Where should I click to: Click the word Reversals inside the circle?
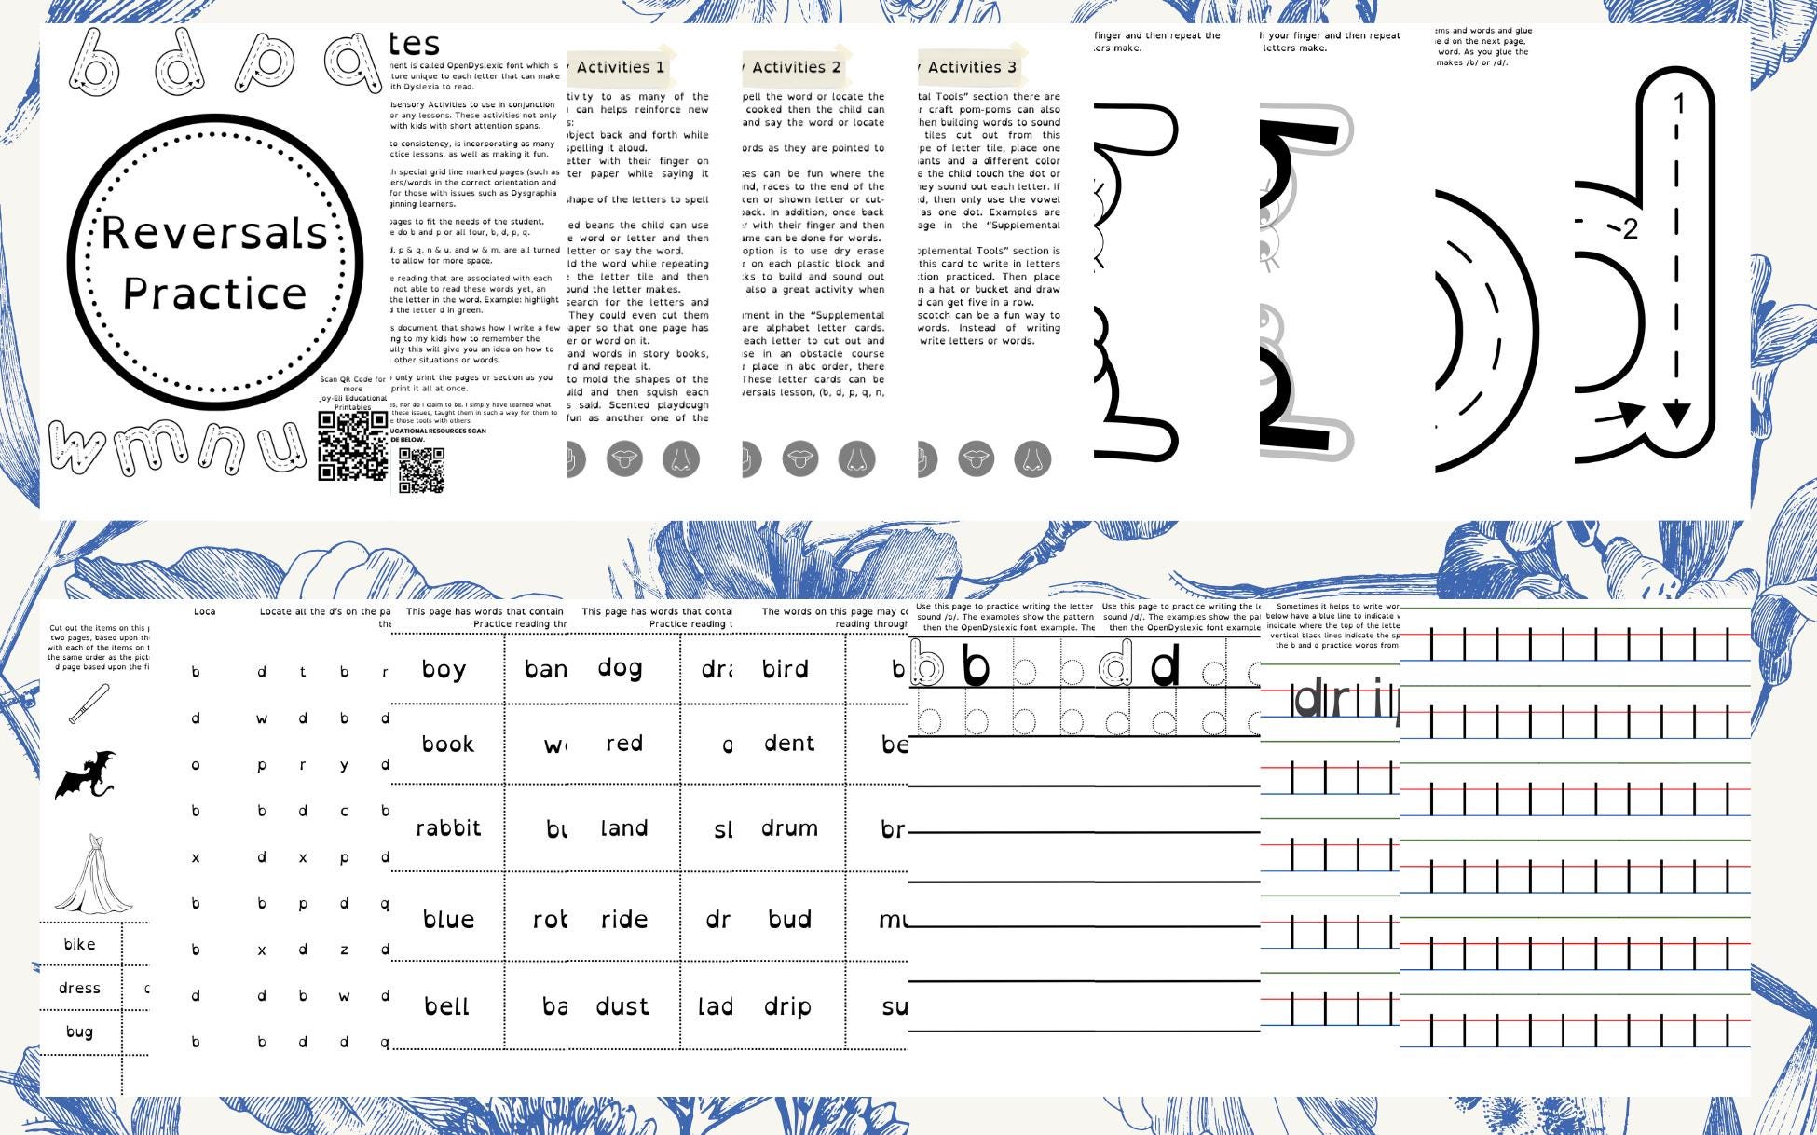214,233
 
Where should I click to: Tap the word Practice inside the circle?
215,294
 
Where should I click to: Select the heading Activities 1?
620,67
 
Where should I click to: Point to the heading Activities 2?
796,67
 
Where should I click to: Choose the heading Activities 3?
972,67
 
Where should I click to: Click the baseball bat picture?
89,704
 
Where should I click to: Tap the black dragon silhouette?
85,775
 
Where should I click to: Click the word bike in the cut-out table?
79,944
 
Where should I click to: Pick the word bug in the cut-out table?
79,1032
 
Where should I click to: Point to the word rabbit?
448,828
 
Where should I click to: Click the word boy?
444,670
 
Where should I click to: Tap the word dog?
620,668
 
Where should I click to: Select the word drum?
789,828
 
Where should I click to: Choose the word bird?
786,669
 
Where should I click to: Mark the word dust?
622,1006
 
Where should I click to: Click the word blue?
448,920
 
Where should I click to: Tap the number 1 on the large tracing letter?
1679,103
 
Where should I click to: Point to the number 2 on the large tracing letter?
1629,229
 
